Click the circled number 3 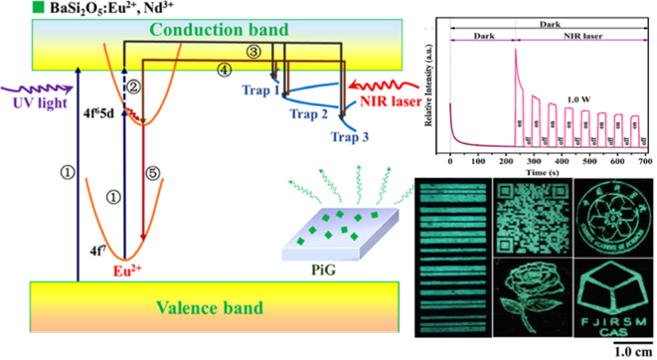(x=254, y=51)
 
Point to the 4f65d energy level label (x=97, y=125)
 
